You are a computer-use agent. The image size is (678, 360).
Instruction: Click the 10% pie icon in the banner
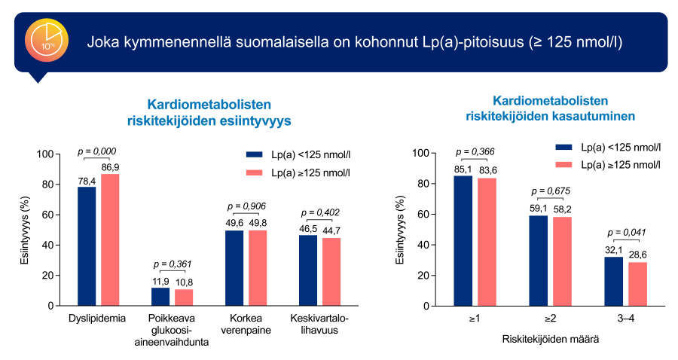(x=47, y=41)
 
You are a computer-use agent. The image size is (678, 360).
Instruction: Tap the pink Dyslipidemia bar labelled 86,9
(x=110, y=239)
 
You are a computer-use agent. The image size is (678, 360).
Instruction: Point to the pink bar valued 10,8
(x=184, y=297)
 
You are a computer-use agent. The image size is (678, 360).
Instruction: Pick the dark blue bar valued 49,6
(x=234, y=268)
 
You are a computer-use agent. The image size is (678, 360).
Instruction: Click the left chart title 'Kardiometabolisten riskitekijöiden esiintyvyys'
(x=208, y=111)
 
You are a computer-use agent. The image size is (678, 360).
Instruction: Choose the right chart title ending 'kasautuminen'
(x=550, y=108)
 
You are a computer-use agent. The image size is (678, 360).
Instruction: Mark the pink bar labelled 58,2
(x=562, y=261)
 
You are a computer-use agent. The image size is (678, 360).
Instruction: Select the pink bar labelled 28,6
(x=637, y=284)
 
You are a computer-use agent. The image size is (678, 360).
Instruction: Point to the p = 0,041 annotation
(x=627, y=232)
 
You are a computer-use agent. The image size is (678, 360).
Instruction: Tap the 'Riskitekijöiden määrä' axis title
(x=550, y=339)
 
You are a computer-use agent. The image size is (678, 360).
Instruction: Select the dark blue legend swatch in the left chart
(x=255, y=154)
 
